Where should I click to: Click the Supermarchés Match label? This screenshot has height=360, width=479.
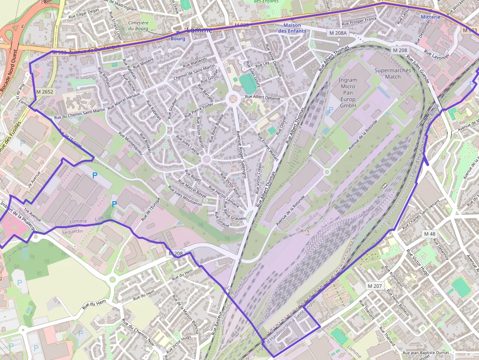392,73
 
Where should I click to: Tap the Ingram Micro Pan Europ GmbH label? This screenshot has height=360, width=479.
348,92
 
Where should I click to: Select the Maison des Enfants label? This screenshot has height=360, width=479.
292,28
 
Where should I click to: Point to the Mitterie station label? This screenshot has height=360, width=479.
431,17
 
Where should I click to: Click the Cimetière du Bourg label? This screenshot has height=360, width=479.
138,25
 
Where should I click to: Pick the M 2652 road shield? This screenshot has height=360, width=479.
44,91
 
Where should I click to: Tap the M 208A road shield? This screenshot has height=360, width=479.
337,33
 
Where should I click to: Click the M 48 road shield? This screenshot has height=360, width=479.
430,234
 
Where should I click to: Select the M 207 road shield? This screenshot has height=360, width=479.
375,286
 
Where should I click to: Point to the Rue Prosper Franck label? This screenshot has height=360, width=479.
359,21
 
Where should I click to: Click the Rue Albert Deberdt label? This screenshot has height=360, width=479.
262,97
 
